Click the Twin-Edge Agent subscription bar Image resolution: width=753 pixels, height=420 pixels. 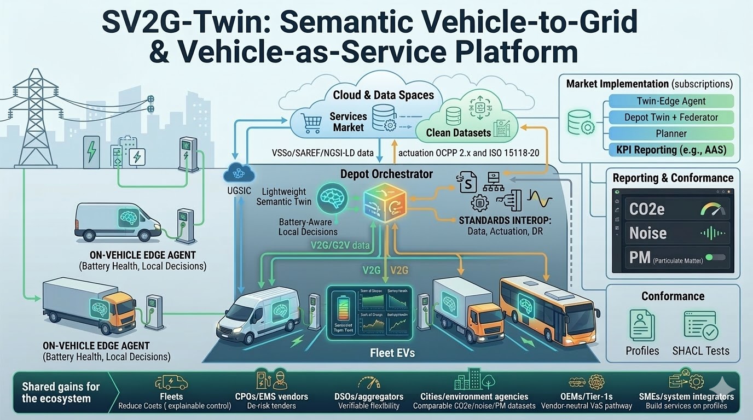click(x=671, y=101)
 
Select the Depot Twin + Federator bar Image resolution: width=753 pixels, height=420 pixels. click(x=671, y=117)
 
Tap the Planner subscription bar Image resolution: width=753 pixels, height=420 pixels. click(x=671, y=133)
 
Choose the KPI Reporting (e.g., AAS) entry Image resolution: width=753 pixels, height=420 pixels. click(x=671, y=149)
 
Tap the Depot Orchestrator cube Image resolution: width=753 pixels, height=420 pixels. click(x=385, y=202)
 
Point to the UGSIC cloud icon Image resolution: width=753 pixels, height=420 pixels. click(x=237, y=173)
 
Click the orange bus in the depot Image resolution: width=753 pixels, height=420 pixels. click(x=547, y=306)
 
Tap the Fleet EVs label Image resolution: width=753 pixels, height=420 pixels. click(x=392, y=353)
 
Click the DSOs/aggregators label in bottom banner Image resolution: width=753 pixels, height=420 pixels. click(x=369, y=396)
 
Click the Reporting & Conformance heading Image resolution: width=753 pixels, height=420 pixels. click(x=673, y=178)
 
